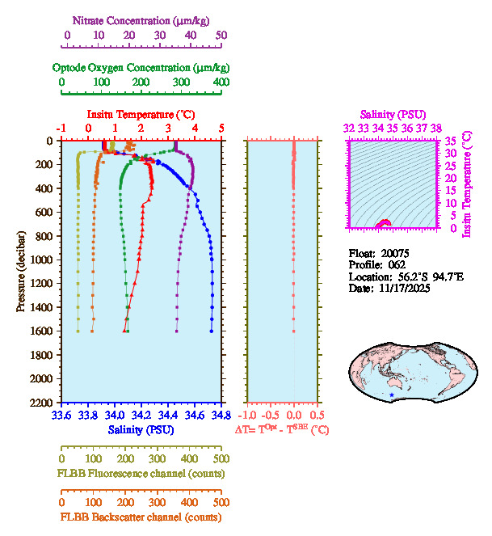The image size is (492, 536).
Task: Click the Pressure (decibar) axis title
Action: pos(21,272)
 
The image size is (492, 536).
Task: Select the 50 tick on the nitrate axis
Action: pos(221,36)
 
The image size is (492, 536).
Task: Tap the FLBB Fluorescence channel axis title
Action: pos(141,473)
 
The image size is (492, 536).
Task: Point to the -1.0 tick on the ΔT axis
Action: pos(247,415)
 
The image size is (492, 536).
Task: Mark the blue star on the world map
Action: pos(393,395)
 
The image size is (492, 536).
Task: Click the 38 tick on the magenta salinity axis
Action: pos(436,129)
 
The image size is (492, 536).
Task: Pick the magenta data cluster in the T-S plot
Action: pos(385,224)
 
